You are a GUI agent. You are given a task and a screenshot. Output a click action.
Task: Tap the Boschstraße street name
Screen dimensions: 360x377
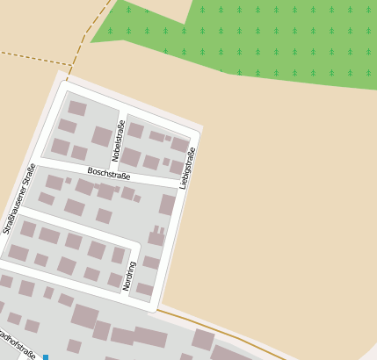108,173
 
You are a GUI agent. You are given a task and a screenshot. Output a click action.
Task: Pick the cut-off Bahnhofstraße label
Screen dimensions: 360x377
18,345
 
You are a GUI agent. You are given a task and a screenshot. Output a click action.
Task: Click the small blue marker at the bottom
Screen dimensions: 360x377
45,356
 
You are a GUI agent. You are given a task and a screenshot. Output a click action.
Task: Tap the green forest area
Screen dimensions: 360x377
264,35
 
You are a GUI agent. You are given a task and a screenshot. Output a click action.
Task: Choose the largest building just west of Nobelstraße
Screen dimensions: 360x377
102,136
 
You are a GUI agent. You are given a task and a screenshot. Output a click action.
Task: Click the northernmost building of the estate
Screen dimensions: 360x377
77,108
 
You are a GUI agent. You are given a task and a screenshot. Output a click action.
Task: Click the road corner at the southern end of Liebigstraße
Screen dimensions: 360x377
156,307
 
